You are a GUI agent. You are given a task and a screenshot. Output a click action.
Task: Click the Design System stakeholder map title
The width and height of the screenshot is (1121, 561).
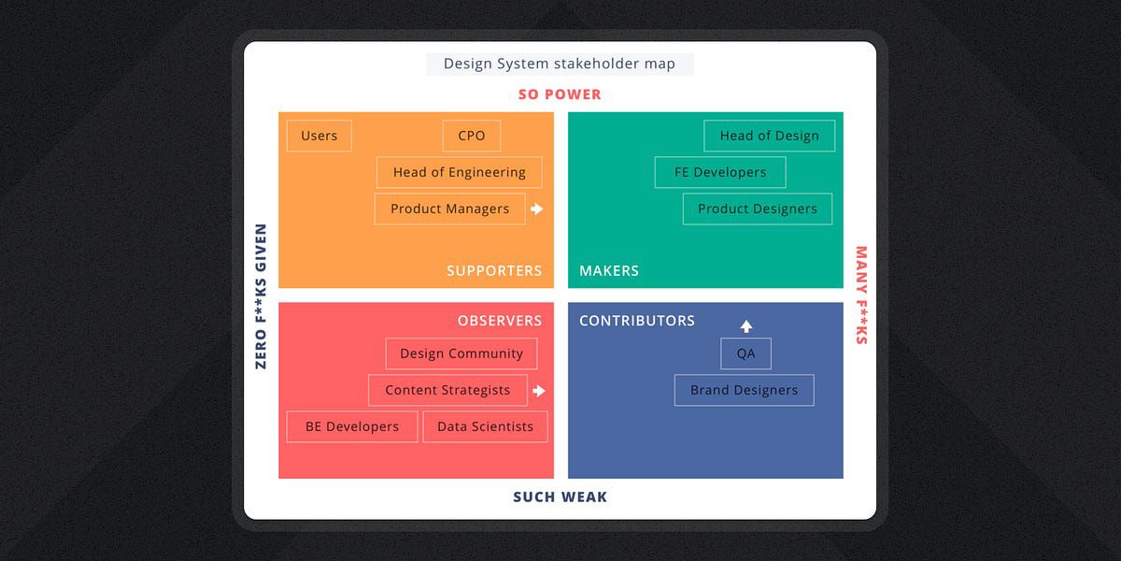coord(560,65)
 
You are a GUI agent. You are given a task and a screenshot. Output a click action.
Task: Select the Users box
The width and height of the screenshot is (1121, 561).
coord(319,136)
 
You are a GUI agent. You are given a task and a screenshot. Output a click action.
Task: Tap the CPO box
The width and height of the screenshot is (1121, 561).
coord(471,136)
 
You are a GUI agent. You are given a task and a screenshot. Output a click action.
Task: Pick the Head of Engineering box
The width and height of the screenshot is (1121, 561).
coord(459,172)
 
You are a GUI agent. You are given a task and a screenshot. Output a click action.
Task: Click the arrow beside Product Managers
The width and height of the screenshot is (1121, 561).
coord(536,209)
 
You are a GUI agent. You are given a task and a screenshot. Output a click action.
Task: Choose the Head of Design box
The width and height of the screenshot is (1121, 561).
coord(769,136)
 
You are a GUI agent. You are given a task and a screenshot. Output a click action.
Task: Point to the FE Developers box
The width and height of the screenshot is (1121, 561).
coord(719,172)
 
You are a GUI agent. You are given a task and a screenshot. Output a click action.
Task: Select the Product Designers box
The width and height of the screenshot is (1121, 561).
coord(757,209)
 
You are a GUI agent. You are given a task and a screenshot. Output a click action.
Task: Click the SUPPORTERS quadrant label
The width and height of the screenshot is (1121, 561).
coord(494,270)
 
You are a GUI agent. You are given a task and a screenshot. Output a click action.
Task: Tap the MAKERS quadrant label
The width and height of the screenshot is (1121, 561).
coord(609,270)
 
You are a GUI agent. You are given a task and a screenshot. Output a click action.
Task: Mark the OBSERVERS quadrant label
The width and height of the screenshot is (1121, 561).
coord(500,321)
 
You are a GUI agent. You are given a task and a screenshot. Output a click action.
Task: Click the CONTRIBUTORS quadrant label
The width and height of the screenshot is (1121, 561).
coord(637,321)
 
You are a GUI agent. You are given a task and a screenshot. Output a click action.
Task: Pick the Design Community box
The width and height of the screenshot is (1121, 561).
coord(461,353)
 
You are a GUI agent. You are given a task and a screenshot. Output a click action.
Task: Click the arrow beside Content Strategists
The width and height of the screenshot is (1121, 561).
coord(537,391)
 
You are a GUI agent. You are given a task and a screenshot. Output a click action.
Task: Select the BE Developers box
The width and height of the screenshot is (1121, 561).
coord(351,426)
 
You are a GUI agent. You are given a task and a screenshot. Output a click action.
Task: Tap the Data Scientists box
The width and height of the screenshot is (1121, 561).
coord(485,426)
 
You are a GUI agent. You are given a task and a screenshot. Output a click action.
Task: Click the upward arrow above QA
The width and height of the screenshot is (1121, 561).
coord(745,326)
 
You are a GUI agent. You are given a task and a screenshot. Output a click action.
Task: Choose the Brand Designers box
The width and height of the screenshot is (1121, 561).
coord(744,390)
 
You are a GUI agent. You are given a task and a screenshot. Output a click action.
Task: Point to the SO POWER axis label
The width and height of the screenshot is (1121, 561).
coord(560,94)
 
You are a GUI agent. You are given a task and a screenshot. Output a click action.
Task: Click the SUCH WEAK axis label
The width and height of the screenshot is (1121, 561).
coord(560,497)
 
